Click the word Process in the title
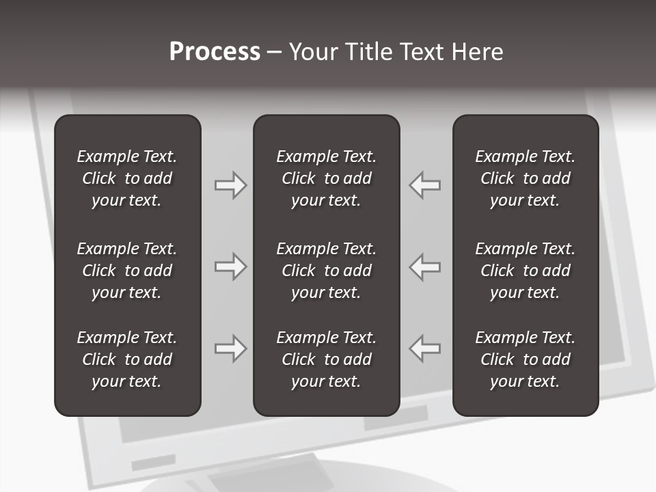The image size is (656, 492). point(215,52)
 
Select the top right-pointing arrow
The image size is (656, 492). point(230,185)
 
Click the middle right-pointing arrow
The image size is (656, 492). point(230,266)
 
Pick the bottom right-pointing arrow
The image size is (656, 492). point(230,348)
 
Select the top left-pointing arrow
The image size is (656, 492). point(425,185)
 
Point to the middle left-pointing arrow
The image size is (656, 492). point(425,266)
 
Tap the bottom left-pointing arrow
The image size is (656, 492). point(425,348)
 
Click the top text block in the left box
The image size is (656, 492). point(127,178)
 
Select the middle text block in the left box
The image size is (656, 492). point(127,271)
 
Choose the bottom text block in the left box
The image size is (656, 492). point(127,359)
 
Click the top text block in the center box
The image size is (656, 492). point(326,178)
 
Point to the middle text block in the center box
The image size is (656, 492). point(326,271)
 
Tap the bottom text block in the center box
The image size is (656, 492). point(326,359)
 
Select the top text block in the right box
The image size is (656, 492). point(525,178)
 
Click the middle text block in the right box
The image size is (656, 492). point(525,271)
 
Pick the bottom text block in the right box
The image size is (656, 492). point(525,359)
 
